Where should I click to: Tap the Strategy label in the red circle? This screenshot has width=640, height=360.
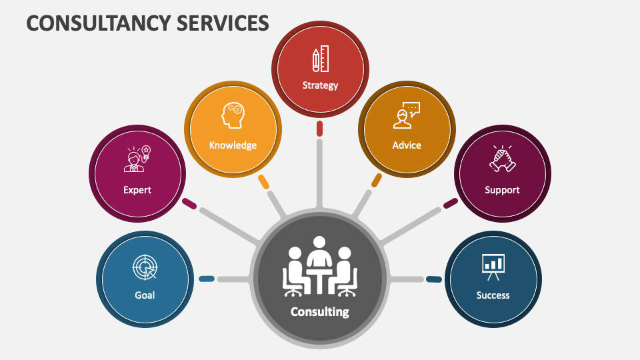320,85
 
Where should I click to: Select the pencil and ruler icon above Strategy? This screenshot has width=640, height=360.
320,60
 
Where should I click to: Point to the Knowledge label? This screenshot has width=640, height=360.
233,145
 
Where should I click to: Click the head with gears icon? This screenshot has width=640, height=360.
233,115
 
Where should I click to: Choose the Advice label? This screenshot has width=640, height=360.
407,145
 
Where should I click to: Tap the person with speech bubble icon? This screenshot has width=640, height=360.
406,115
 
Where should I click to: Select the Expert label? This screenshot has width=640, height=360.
137,190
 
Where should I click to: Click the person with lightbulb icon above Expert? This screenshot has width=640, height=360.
138,159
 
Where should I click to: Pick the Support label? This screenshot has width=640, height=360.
502,190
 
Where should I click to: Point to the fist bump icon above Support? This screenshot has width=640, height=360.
502,159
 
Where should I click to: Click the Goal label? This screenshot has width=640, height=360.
145,295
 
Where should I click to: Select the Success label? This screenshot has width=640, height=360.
493,295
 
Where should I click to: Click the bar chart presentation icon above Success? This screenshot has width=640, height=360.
493,265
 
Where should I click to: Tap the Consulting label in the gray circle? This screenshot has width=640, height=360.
320,311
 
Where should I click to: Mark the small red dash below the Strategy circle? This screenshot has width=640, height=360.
320,128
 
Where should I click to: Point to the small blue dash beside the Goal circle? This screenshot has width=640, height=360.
207,279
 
